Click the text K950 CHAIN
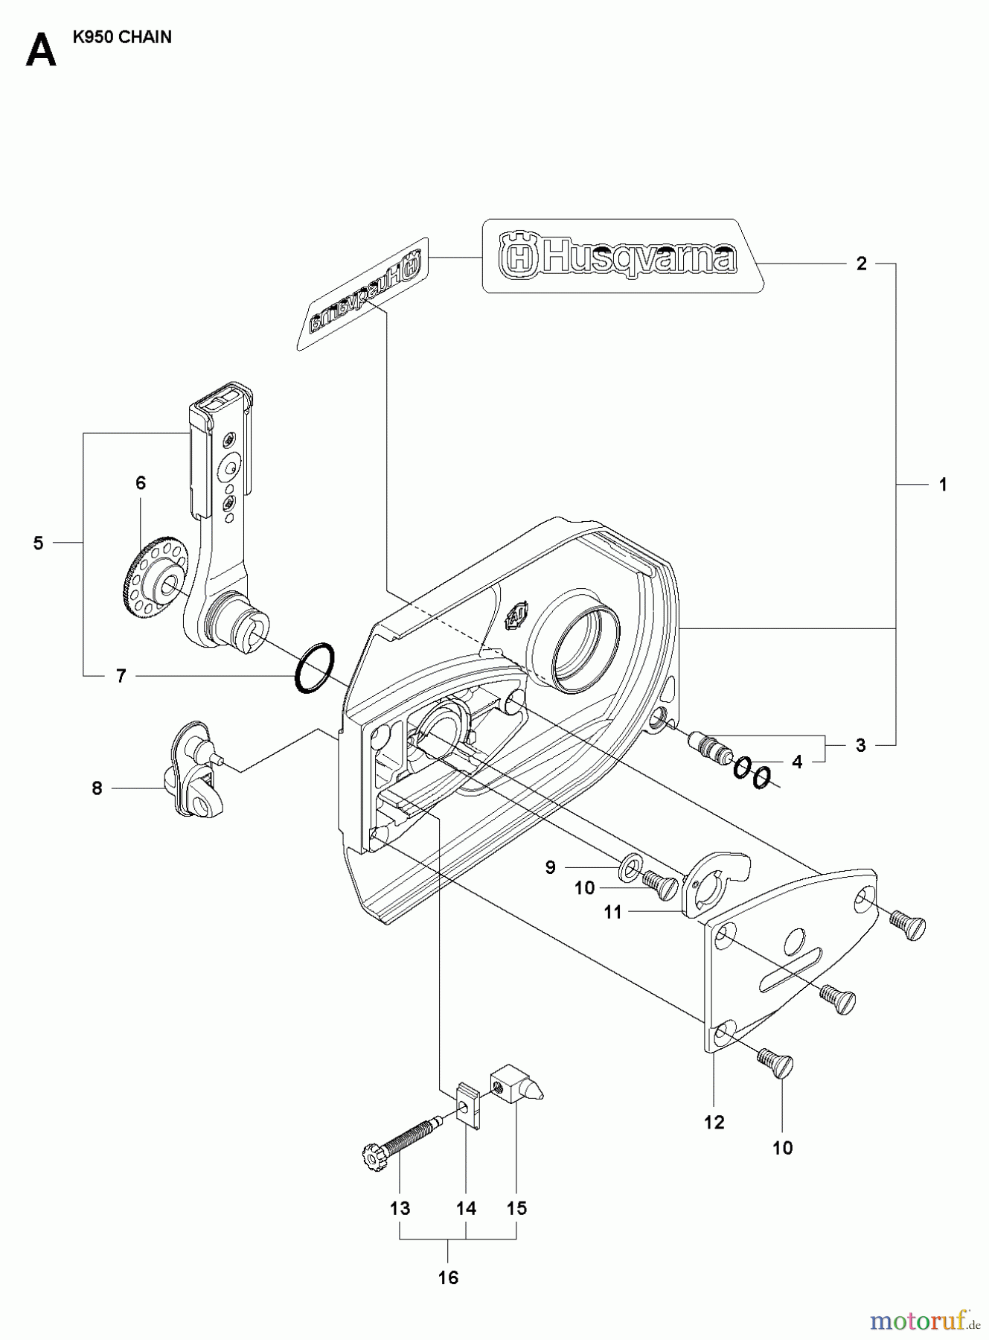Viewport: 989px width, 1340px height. (122, 37)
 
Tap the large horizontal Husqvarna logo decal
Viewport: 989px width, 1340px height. (621, 257)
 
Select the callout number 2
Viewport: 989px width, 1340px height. (861, 264)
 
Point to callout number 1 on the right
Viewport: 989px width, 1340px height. (942, 485)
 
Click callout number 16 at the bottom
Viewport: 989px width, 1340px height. (448, 1277)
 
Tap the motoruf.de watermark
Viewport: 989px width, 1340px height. (923, 1320)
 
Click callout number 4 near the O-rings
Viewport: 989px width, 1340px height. (797, 762)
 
